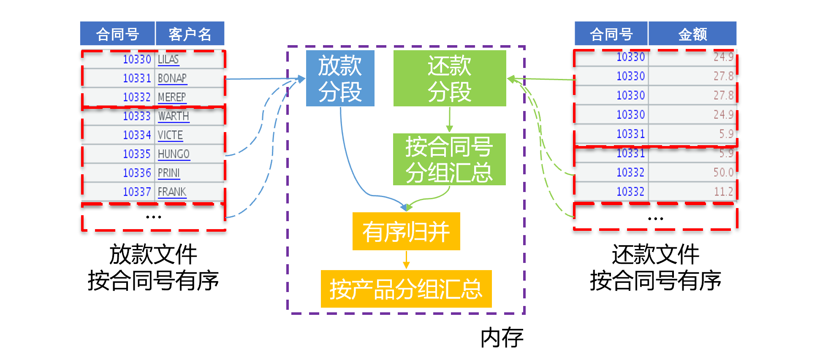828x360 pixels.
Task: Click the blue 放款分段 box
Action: [340, 78]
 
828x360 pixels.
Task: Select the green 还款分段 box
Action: [449, 78]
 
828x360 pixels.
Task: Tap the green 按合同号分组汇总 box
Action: [449, 160]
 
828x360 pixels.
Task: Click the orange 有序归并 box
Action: [406, 231]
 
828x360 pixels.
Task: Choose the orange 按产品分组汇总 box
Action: [406, 289]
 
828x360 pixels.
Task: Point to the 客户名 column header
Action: [190, 34]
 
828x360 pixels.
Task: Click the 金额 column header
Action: [692, 34]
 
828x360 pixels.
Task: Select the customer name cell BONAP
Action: [172, 78]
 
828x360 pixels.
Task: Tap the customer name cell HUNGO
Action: [174, 154]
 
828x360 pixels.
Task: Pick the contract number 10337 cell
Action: [137, 192]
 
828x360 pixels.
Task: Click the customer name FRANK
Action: [172, 192]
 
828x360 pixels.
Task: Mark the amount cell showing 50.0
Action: [723, 172]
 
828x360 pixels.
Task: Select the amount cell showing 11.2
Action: [723, 192]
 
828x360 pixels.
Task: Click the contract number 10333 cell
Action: [137, 116]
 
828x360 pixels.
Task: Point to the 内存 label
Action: [502, 338]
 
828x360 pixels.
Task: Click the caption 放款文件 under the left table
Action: [153, 254]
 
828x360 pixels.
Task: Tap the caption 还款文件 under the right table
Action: [655, 254]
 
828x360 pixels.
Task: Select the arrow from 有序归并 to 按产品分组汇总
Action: [406, 260]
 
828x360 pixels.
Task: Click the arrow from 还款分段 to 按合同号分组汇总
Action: [449, 120]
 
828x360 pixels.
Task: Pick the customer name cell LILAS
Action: [168, 60]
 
